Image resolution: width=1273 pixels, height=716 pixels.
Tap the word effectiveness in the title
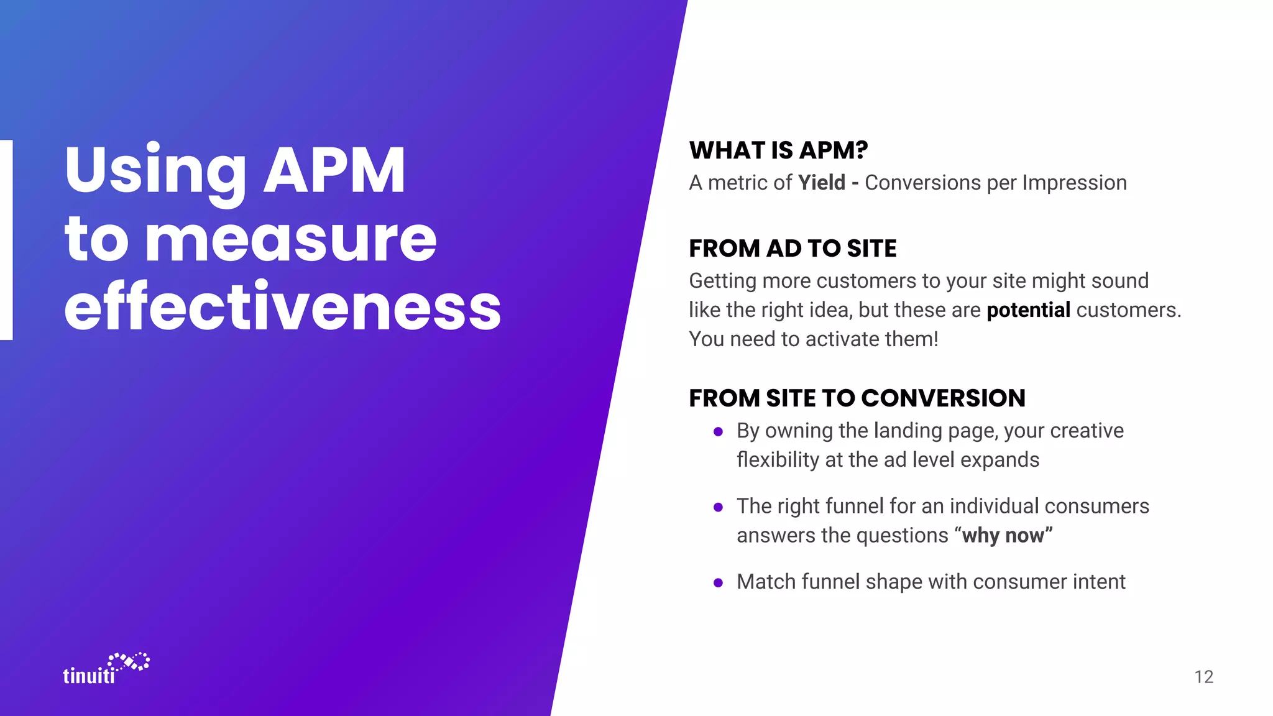click(283, 307)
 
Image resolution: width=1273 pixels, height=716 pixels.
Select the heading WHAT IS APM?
click(778, 150)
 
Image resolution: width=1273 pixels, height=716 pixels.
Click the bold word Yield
click(821, 183)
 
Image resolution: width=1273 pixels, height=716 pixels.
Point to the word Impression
click(1074, 183)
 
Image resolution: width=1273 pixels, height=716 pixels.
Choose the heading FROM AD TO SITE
click(793, 249)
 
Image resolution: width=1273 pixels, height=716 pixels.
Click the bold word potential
click(1028, 310)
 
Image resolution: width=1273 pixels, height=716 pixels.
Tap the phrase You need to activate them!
click(813, 339)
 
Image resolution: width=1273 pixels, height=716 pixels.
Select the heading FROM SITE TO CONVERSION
click(857, 398)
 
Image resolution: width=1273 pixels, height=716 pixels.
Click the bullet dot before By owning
click(718, 431)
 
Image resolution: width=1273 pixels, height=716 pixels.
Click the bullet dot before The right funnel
click(718, 507)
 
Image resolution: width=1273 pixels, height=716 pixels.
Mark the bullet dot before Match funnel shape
click(718, 583)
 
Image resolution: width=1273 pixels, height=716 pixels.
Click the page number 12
click(1203, 677)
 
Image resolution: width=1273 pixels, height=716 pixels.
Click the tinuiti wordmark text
click(89, 676)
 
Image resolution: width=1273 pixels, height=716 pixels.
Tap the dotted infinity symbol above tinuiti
click(129, 661)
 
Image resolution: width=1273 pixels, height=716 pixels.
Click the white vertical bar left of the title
click(6, 240)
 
